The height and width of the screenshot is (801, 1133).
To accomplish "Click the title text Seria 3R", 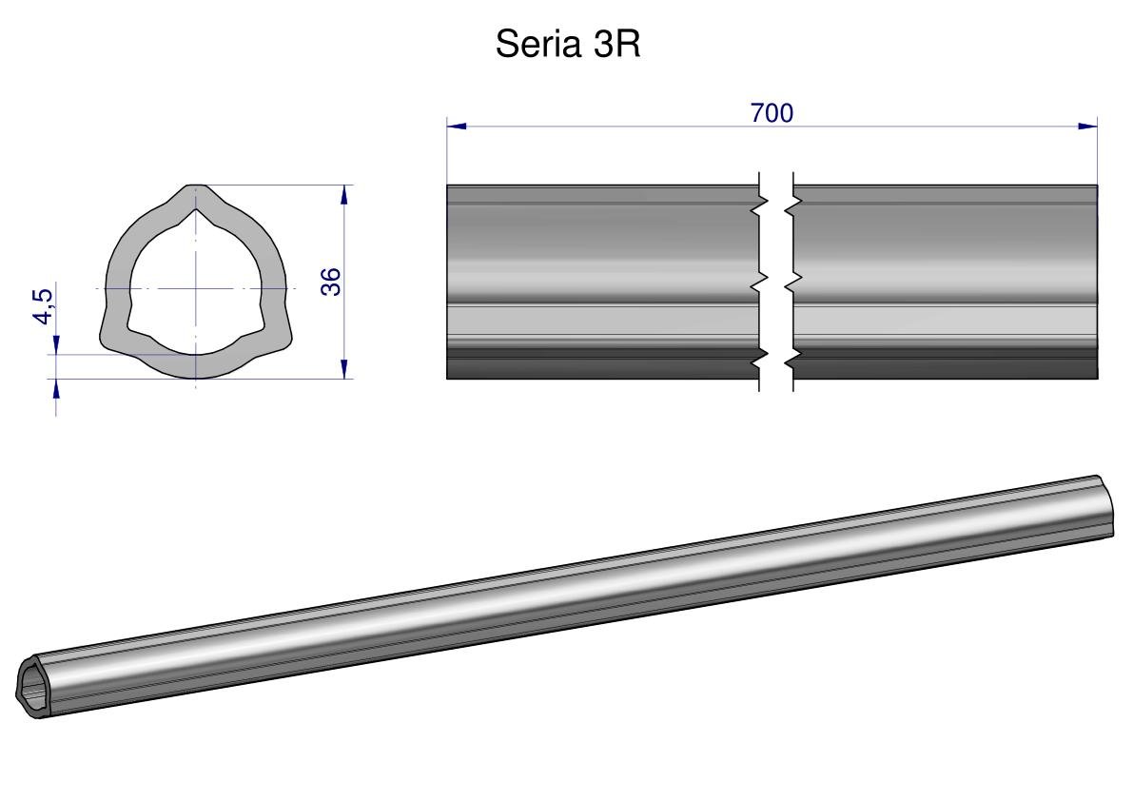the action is coord(568,44).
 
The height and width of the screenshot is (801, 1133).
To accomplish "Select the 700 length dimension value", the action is coord(772,113).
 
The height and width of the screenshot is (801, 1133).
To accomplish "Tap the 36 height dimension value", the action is coord(331,282).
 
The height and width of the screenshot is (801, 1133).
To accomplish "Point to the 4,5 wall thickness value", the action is coord(43,306).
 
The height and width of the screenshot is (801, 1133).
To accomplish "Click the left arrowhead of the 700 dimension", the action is coord(456,127).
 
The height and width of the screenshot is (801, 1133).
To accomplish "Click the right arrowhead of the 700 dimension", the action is coord(1088,127).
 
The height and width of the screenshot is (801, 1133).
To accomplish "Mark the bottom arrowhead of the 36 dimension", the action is coord(344,369).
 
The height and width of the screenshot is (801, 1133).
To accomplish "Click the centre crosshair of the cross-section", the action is coord(195,289).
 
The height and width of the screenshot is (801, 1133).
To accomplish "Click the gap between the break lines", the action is coord(776,282).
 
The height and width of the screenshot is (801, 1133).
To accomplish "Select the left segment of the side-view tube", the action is coord(603,282).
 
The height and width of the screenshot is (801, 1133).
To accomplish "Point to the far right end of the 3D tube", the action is coord(1104,505).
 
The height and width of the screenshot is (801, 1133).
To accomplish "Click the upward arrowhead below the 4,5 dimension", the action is coord(56,389).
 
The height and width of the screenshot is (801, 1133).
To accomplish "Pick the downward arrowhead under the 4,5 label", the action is coord(56,344).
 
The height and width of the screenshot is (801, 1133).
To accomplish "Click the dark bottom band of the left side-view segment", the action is coord(603,368).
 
